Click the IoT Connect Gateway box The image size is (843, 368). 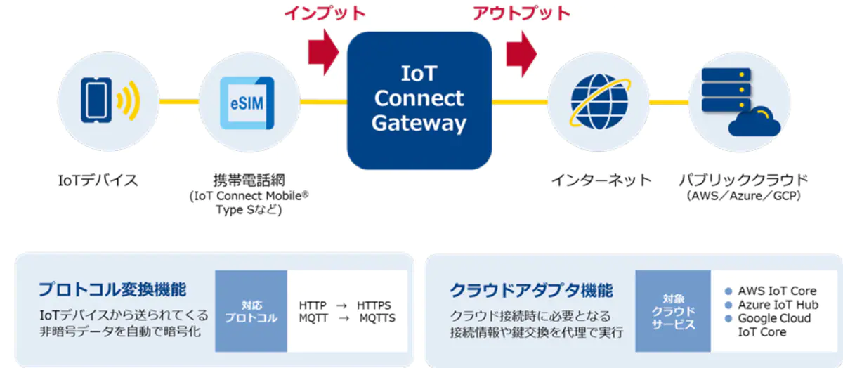click(419, 100)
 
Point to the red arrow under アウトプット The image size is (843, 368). click(521, 53)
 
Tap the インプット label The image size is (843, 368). click(325, 13)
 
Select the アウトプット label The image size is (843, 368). click(521, 13)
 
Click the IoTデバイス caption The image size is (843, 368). click(98, 180)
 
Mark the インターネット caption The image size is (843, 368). click(601, 180)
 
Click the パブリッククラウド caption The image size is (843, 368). click(743, 180)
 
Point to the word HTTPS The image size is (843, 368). click(374, 305)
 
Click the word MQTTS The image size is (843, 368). click(377, 318)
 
